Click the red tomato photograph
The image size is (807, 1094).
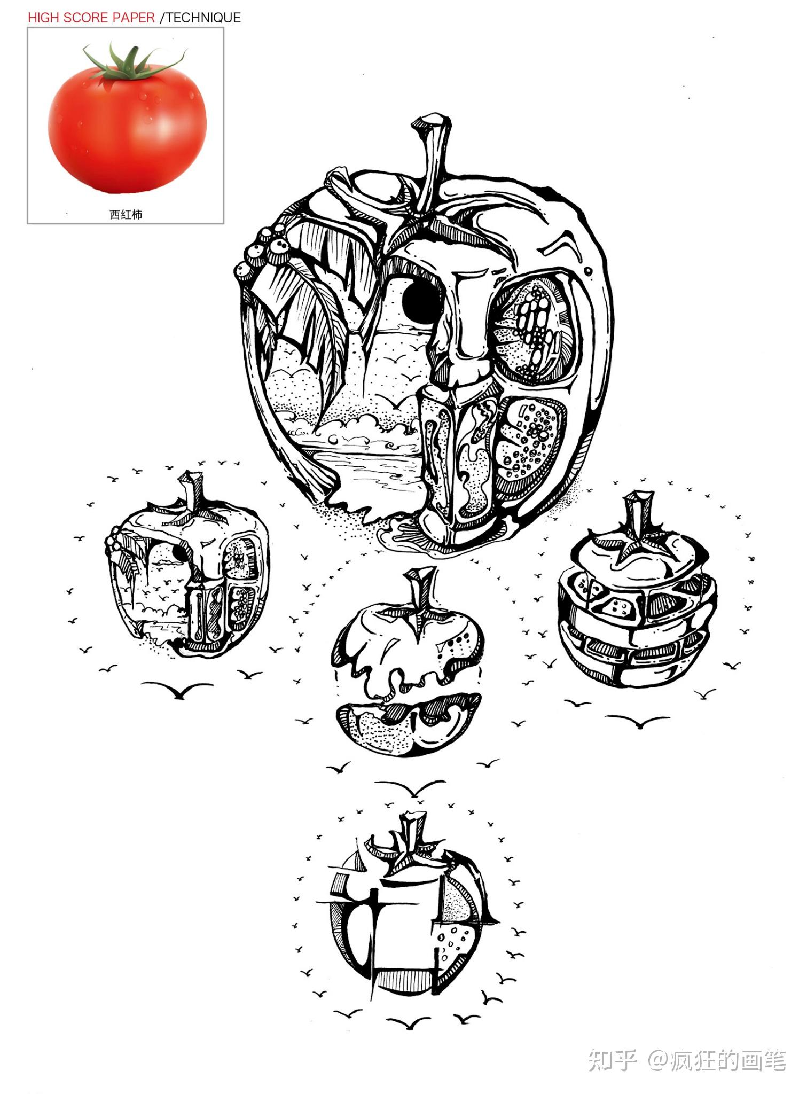click(x=127, y=121)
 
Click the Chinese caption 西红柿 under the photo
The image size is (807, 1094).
click(x=126, y=215)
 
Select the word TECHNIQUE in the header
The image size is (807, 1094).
click(x=203, y=18)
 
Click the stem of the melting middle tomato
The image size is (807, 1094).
click(x=419, y=590)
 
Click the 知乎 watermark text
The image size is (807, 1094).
click(x=612, y=1060)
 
